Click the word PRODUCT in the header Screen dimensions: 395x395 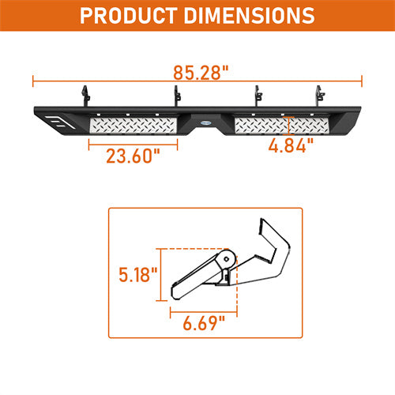(x=129, y=16)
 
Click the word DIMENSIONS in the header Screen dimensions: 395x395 (x=249, y=16)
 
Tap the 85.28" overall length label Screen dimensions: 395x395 (x=201, y=73)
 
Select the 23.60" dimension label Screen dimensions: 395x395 (x=133, y=156)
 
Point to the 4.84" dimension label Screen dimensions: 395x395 (x=291, y=145)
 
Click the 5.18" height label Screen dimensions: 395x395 (x=138, y=275)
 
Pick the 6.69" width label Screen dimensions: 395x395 (x=204, y=323)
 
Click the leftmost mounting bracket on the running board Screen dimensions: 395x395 (x=85, y=96)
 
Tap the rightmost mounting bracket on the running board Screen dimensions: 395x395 (x=320, y=96)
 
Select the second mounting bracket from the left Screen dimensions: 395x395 (x=177, y=96)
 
